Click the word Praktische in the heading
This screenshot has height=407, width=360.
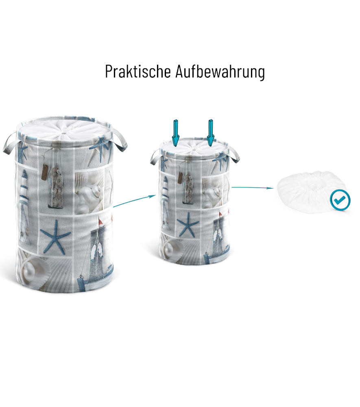[x=138, y=71]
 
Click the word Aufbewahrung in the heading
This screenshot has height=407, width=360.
[x=220, y=72]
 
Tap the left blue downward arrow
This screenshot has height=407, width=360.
[x=176, y=133]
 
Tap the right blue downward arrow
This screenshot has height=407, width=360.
[x=211, y=133]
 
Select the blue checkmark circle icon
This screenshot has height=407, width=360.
[x=340, y=200]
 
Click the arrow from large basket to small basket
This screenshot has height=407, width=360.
[x=135, y=201]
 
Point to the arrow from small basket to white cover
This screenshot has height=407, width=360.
[x=252, y=187]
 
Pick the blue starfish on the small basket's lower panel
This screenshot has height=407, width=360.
[x=188, y=224]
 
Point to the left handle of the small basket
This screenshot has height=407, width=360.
[x=155, y=157]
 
